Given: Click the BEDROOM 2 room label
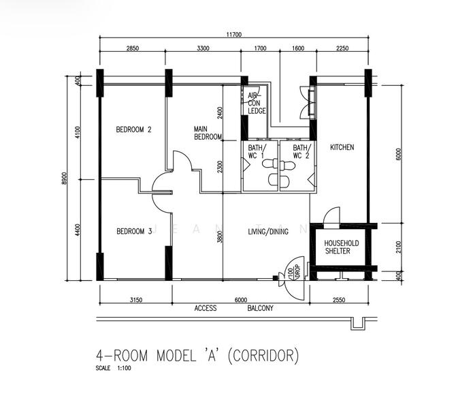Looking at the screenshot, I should [133, 130].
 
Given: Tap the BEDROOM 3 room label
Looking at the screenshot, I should [133, 231].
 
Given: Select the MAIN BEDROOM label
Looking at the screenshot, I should [208, 132].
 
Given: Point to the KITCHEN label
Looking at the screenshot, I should [342, 147].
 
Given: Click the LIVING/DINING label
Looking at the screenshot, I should [268, 231].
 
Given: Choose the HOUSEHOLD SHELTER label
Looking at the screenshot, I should [337, 246].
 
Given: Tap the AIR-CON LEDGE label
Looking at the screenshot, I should [257, 103].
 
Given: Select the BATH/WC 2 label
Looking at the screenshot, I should [301, 151].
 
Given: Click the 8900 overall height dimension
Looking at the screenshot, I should [64, 178].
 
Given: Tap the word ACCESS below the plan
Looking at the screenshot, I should [206, 308].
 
